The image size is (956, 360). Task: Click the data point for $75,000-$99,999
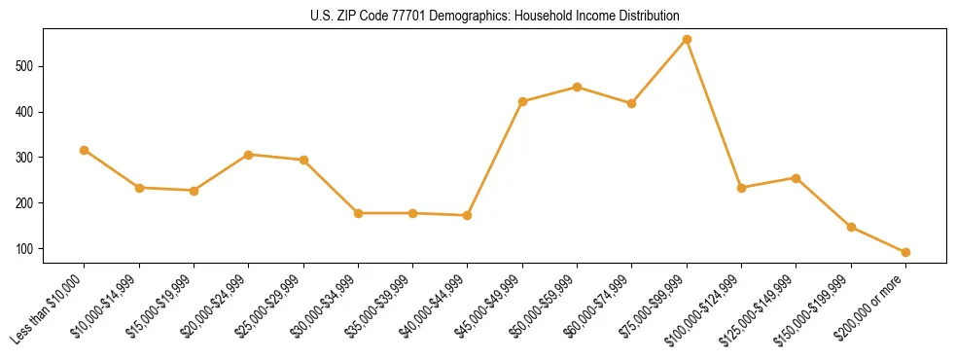tap(687, 39)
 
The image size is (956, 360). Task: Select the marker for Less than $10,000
tap(84, 150)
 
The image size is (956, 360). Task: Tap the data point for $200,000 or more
tap(905, 252)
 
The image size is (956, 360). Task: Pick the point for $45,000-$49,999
tap(522, 101)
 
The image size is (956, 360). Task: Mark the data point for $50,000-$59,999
tap(577, 87)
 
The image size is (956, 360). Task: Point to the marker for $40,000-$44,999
tap(468, 215)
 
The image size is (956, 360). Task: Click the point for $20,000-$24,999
tap(248, 155)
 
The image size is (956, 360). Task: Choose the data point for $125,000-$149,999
tap(796, 178)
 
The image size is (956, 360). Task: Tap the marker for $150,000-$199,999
tap(851, 227)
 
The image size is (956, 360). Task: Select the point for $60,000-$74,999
tap(632, 103)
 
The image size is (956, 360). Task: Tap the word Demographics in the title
tap(453, 17)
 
